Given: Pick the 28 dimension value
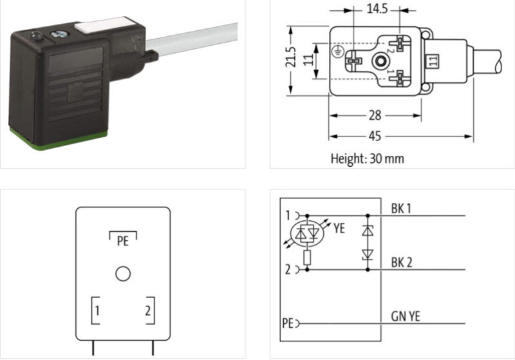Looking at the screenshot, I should point(375,115).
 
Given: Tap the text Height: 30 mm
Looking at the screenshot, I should point(367,158).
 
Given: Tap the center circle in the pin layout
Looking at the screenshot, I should point(122,274).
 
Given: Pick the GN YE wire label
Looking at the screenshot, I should point(404,316).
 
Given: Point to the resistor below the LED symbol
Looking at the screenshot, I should point(306,259).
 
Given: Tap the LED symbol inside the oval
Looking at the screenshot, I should point(306,232).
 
